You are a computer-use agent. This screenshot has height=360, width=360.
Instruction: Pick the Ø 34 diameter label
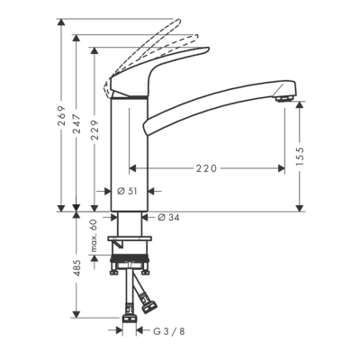[170, 217]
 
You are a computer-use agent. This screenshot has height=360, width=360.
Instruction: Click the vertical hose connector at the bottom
[129, 315]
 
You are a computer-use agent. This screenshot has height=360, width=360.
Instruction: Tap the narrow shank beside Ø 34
[127, 223]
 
